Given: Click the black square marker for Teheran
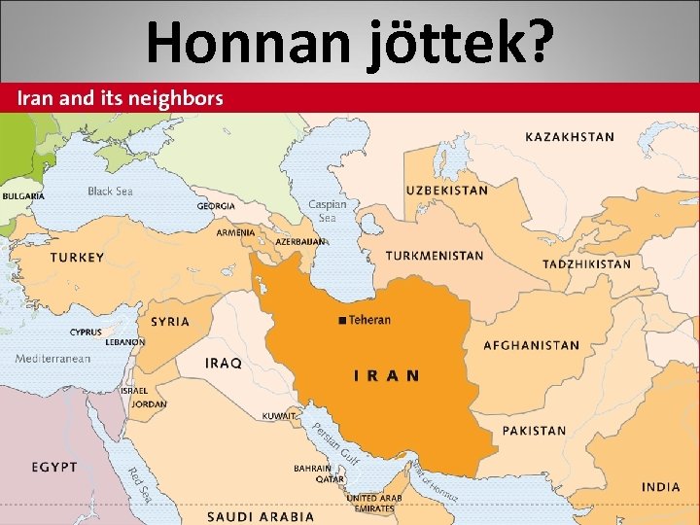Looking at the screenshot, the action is pos(341,321).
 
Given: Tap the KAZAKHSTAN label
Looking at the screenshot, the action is pos(570,137).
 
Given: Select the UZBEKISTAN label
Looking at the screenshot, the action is pos(446,191).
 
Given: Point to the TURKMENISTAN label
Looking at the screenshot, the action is pos(434,257).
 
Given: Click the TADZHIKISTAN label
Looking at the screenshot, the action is pos(586,264).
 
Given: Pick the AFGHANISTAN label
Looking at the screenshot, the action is pos(531,345).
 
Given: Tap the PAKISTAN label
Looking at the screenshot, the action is pos(534,431).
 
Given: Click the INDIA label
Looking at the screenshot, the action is pos(661,486).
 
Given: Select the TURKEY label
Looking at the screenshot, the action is pos(77,258).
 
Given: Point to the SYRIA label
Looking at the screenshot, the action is pos(170,322).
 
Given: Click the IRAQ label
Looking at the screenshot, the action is pos(224,363).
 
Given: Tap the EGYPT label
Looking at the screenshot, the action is pos(53,468).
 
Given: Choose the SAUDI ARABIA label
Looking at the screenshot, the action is pos(261,516).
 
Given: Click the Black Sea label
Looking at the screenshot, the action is pos(110,192).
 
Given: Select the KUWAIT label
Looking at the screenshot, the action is pos(279,416).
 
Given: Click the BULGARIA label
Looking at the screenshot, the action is pos(23,196).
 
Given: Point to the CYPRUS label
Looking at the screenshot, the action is pos(86,332).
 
